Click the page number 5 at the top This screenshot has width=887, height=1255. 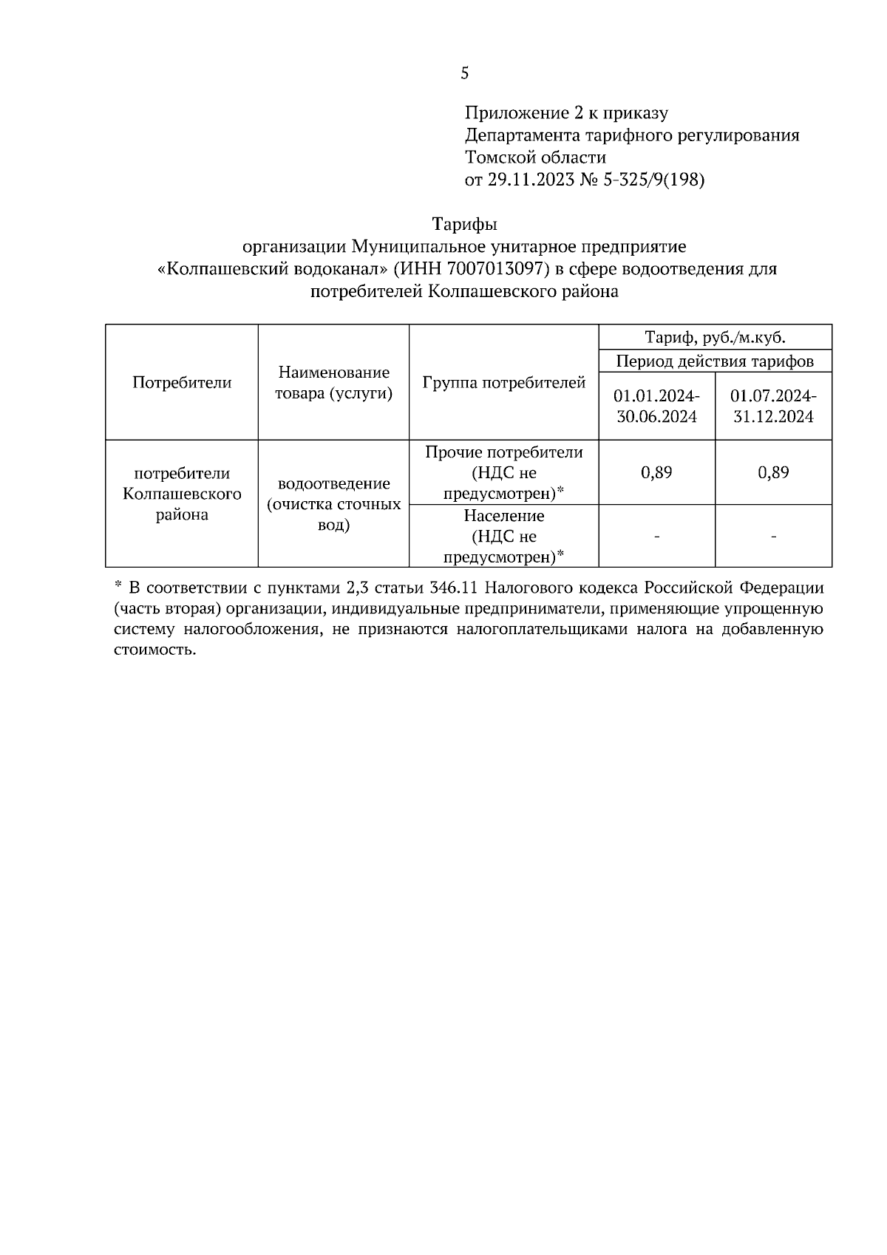coord(464,72)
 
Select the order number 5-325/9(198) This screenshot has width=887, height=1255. coord(655,180)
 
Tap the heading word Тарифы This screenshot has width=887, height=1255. coord(464,223)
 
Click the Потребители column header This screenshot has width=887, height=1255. coord(182,382)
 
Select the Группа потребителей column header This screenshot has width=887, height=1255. coord(503,382)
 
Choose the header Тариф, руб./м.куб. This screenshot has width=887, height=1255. coord(715,338)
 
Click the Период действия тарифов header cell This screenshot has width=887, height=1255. coord(715,361)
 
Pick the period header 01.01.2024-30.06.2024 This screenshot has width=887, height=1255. coord(656,406)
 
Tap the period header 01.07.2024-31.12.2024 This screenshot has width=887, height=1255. coord(773,406)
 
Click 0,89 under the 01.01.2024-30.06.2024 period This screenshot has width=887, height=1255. coord(656,472)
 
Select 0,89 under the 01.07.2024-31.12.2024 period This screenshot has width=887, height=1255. coord(773,472)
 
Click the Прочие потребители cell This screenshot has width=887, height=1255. coord(503,472)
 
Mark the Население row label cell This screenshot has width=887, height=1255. coord(503,536)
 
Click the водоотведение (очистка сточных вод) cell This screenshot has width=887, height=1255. coord(333,504)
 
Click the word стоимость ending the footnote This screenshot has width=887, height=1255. coord(154,650)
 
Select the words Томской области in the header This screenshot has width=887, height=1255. coord(535,157)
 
